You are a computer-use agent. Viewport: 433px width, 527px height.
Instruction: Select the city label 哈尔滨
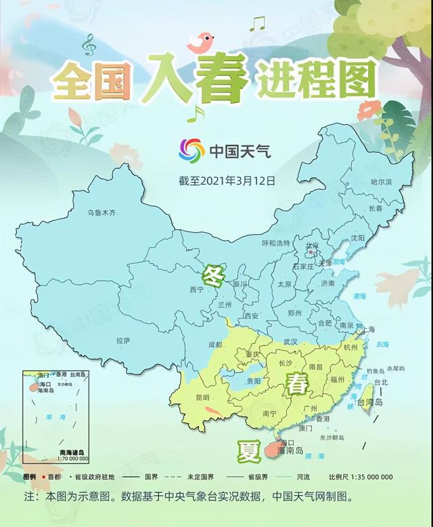click(x=382, y=182)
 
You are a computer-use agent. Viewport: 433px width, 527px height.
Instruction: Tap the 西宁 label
click(x=196, y=290)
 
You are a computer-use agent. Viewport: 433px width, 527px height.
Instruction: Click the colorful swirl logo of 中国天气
click(x=191, y=150)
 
